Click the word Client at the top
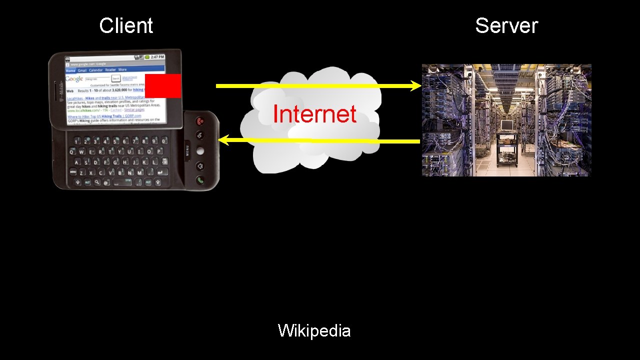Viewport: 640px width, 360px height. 126,26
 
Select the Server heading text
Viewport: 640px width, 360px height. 506,26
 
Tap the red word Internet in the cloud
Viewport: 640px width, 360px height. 314,114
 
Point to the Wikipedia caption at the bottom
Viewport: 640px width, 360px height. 314,330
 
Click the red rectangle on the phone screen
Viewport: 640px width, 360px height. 163,85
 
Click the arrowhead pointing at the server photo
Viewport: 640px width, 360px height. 416,86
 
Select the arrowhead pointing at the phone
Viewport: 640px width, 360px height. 223,140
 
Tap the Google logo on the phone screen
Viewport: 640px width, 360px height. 74,79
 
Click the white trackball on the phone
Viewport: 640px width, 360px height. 200,150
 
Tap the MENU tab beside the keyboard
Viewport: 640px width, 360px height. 187,150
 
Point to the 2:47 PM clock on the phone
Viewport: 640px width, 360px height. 157,57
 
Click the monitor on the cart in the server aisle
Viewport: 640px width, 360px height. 507,125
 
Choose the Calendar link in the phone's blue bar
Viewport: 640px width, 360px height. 95,70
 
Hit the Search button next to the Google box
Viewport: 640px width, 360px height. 115,79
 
